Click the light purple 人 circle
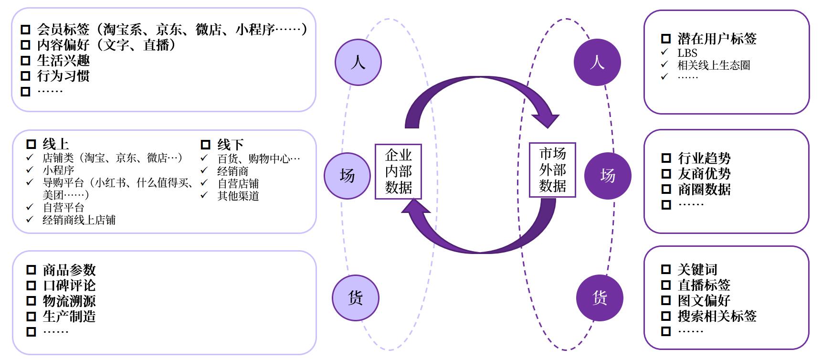point(358,62)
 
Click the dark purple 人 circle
point(597,62)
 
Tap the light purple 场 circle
point(347,175)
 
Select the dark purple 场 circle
point(608,175)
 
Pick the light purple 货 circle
point(356,297)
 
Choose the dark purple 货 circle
point(600,297)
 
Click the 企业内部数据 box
point(398,171)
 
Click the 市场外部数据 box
point(552,169)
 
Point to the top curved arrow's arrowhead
point(547,119)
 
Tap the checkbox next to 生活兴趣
point(26,61)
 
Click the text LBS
point(687,53)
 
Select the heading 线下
point(230,144)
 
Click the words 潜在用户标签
point(717,39)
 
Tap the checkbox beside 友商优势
point(666,174)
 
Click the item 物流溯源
point(69,301)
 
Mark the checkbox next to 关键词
point(666,269)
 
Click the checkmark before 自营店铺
point(205,183)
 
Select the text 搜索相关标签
point(717,316)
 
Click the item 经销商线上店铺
point(79,220)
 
